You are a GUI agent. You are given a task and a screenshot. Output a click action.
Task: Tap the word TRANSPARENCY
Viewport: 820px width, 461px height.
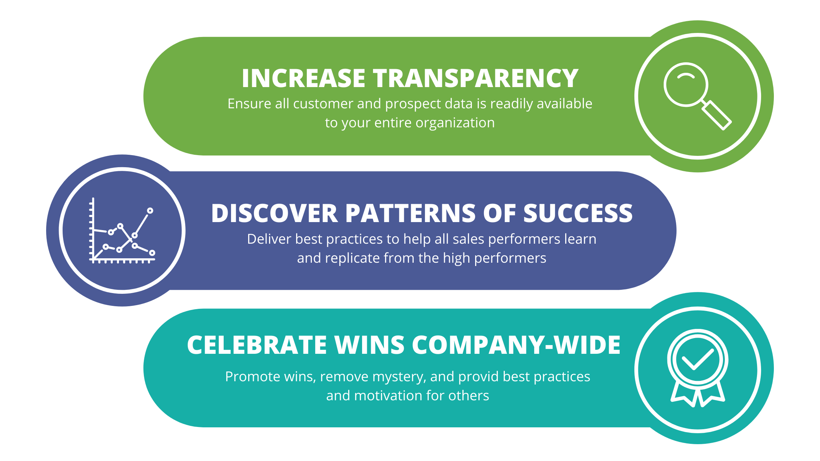click(476, 78)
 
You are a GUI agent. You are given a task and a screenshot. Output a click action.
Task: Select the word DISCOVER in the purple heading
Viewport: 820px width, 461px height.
click(274, 213)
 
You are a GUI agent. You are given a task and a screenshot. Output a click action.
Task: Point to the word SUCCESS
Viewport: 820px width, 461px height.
click(578, 213)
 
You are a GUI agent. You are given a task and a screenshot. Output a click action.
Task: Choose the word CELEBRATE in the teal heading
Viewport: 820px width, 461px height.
click(257, 345)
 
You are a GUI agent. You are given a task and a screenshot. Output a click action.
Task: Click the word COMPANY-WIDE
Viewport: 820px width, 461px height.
click(516, 345)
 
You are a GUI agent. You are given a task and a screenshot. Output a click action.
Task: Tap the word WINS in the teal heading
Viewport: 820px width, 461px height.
click(369, 345)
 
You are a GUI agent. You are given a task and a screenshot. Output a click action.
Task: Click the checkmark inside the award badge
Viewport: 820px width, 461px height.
click(698, 359)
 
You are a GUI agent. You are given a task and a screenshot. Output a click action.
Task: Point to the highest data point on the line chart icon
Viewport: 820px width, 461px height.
click(150, 211)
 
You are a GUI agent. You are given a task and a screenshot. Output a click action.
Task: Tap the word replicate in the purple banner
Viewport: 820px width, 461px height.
click(352, 258)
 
